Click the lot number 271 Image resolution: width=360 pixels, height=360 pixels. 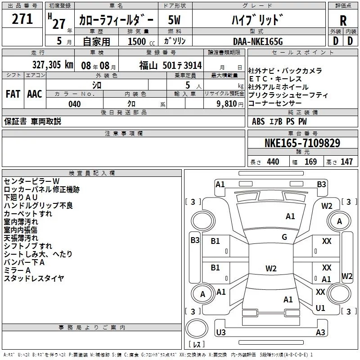click(x=22, y=19)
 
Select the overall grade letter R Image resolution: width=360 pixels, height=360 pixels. click(x=343, y=21)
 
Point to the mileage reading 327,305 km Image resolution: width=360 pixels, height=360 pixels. click(x=53, y=64)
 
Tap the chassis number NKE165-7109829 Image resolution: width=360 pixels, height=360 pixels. click(x=302, y=144)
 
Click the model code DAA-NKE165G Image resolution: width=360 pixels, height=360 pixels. click(x=257, y=41)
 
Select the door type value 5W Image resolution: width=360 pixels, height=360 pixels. click(x=174, y=20)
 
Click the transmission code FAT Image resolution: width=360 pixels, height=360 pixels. click(x=13, y=94)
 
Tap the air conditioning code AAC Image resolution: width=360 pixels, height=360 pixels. click(x=34, y=94)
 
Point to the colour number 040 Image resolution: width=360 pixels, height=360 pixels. click(x=75, y=104)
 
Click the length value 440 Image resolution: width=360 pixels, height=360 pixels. click(x=273, y=162)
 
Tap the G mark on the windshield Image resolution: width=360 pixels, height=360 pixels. click(x=284, y=237)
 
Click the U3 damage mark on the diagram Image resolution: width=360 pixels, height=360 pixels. click(x=220, y=332)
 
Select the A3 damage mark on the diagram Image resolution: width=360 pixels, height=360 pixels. click(x=320, y=333)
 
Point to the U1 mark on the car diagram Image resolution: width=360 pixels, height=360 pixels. click(x=320, y=308)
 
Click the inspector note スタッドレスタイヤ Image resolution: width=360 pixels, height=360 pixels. click(x=34, y=279)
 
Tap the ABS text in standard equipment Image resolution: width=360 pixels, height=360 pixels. click(x=258, y=121)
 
